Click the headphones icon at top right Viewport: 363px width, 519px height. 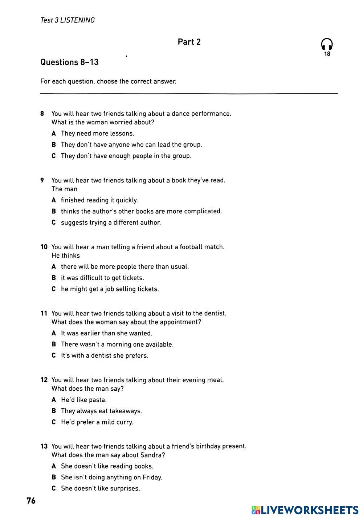(327, 44)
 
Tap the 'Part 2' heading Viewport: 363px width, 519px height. (189, 42)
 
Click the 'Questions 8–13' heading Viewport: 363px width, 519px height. (69, 62)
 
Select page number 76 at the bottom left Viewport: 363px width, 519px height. (31, 500)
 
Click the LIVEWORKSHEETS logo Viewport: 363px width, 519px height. (305, 510)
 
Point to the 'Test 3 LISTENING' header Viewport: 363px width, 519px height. (68, 20)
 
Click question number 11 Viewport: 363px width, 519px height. (44, 313)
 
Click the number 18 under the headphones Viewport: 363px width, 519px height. (327, 54)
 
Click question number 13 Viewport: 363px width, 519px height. (44, 446)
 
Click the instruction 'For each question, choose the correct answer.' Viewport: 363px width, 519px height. (108, 81)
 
